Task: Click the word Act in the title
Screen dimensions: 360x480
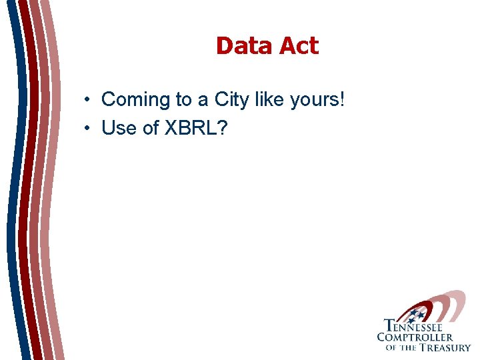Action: point(299,46)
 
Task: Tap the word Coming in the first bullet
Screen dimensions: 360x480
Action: point(136,100)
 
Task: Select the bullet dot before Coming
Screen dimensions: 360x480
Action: point(88,101)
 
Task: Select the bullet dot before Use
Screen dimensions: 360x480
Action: point(88,129)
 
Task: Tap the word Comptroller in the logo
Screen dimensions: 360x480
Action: point(415,337)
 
